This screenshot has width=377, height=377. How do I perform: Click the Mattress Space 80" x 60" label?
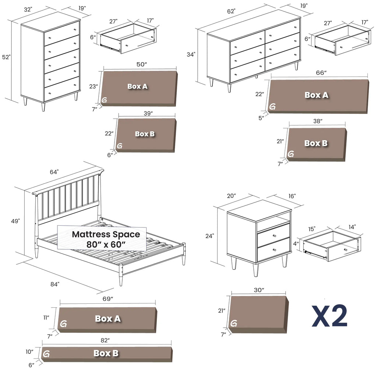(106, 239)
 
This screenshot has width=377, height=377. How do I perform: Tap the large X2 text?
(330, 316)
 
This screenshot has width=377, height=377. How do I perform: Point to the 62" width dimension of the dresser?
(231, 11)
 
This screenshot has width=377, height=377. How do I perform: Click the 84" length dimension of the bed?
(55, 284)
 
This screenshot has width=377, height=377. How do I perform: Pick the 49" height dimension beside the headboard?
(15, 221)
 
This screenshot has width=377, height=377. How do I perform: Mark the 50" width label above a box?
(141, 64)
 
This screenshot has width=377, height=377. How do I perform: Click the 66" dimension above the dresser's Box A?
(321, 73)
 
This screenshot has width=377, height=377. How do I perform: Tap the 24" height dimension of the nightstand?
(210, 236)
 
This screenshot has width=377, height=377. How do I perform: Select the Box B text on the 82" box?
(106, 353)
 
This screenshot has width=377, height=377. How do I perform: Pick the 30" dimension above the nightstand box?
(259, 290)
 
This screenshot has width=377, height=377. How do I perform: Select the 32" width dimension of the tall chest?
(28, 10)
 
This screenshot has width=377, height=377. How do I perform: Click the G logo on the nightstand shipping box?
(233, 324)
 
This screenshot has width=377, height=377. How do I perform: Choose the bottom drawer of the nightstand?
(273, 249)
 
